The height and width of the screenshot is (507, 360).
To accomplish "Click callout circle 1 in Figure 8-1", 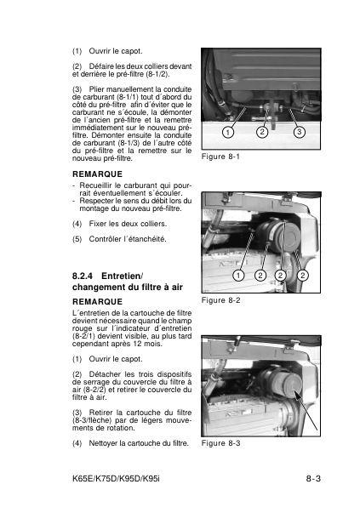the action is pos(228,132).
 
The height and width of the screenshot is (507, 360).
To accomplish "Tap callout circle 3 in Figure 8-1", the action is pos(300,132).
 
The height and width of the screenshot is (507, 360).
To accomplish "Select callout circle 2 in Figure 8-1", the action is pos(262,132).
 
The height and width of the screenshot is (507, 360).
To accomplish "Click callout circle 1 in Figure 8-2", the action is pos(238,276).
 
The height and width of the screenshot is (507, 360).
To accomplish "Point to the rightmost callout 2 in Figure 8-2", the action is pos(303,276).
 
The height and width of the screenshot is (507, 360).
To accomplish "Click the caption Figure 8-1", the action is pos(220,157).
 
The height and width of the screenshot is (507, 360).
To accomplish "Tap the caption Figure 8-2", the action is pos(220,300).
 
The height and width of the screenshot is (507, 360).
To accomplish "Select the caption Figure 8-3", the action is pos(220,443).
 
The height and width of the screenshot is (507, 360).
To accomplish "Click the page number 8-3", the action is pos(313,479).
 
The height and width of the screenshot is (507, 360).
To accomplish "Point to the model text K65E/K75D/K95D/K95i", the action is pos(116,479).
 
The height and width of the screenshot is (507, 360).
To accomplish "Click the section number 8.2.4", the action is pos(83,276).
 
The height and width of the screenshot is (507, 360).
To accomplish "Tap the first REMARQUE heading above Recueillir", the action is pos(97,174).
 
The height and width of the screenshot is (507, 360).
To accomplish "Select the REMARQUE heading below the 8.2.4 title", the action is pos(97,302).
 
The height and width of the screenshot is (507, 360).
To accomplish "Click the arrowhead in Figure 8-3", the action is pos(297,395).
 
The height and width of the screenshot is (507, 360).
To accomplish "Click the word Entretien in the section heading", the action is pos(123,276).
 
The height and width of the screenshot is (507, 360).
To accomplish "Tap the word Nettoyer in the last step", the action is pos(103,443).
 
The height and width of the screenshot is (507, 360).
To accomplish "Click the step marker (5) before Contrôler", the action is pos(77,239).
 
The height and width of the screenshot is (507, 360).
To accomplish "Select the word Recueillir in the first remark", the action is pos(95,185).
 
